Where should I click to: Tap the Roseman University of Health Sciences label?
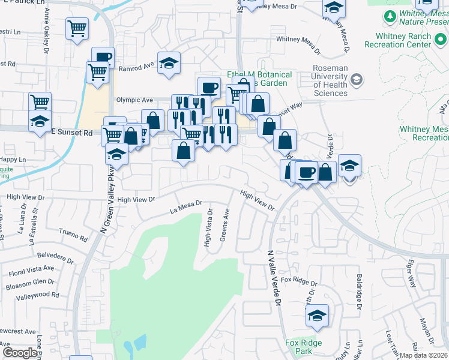(x=330, y=80)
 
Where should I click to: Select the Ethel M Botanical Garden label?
(x=260, y=79)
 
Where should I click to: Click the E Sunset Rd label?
(x=71, y=131)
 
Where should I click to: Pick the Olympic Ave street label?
(x=136, y=100)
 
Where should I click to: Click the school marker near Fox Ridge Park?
(x=318, y=316)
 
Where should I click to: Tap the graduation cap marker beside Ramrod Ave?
(x=169, y=62)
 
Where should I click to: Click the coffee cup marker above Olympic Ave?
(x=209, y=88)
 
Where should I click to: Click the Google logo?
(x=19, y=353)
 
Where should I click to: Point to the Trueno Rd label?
(x=73, y=234)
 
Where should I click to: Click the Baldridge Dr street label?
(x=359, y=292)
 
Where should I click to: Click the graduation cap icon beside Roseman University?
(x=357, y=80)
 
